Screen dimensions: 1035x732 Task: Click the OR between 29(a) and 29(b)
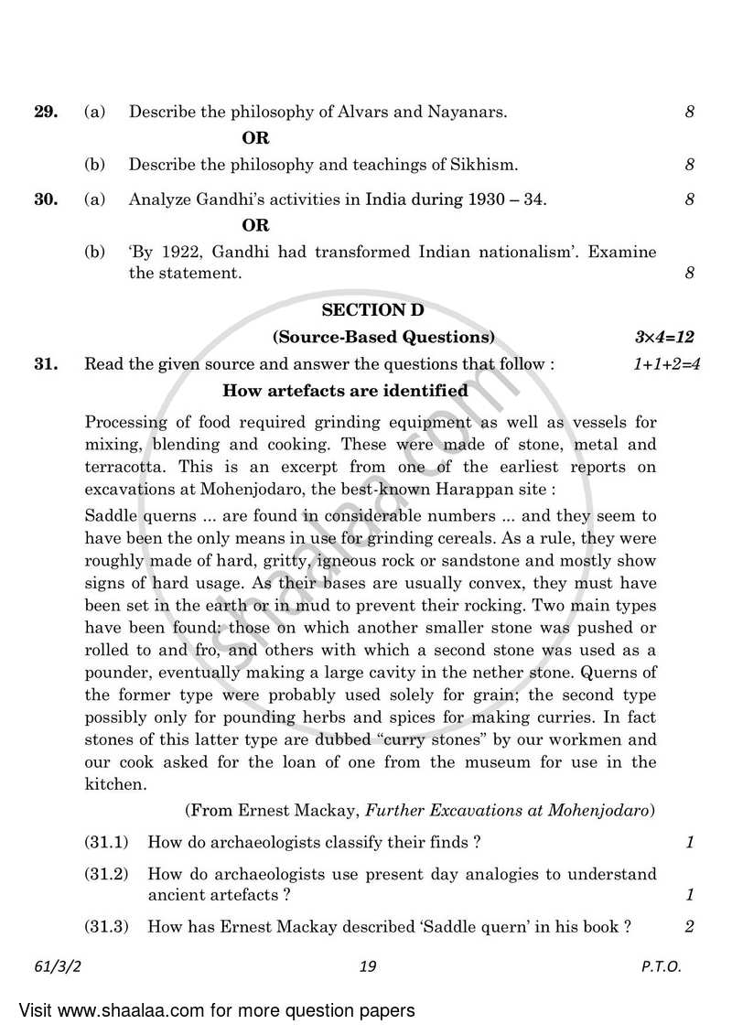click(x=255, y=139)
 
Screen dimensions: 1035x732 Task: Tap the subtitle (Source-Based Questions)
click(x=384, y=337)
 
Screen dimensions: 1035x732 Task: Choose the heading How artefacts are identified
click(x=346, y=391)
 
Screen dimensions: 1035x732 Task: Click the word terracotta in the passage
click(x=119, y=467)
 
